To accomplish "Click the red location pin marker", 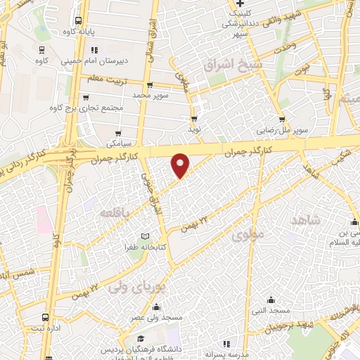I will pyautogui.click(x=181, y=165).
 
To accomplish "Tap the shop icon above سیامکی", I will pyautogui.click(x=119, y=132).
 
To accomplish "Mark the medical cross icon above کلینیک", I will pyautogui.click(x=240, y=11).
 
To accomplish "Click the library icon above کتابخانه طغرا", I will pyautogui.click(x=146, y=236).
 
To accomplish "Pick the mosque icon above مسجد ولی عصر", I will pyautogui.click(x=155, y=306).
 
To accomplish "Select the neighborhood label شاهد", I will pyautogui.click(x=305, y=220).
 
